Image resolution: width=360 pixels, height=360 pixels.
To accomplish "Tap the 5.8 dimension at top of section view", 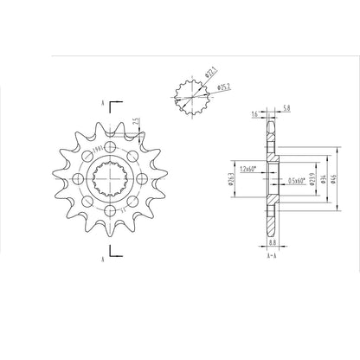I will point(286,108).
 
